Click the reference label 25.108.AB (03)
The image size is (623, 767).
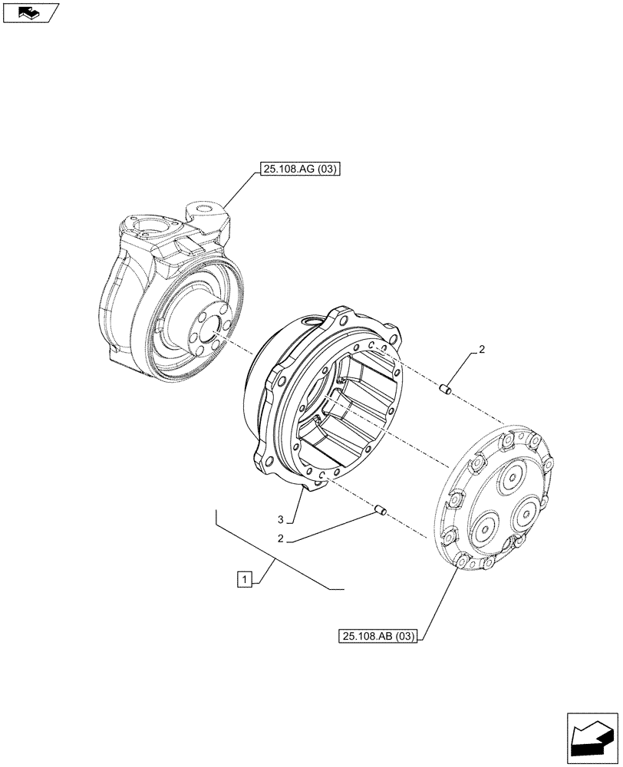point(377,637)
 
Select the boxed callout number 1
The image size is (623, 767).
point(243,578)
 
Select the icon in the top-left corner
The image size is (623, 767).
point(30,12)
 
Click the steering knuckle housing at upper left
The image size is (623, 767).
point(146,291)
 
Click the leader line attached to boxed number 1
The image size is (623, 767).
point(267,571)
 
